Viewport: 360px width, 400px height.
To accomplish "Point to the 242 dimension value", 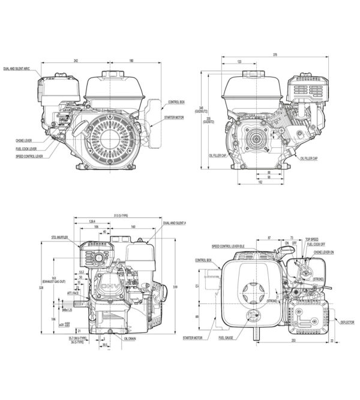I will click(77, 60).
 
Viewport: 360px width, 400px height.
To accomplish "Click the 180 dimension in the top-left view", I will click(131, 60).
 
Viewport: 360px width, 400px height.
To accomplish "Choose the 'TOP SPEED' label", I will click(311, 239).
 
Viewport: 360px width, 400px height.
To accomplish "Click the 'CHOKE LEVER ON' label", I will click(324, 253).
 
